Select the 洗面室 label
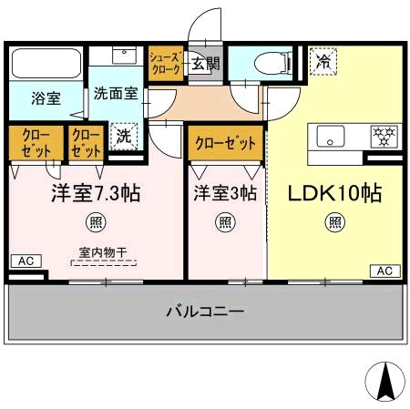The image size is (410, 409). click(x=115, y=92)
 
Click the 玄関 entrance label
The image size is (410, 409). click(x=206, y=64)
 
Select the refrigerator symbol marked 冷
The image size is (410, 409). click(x=323, y=62)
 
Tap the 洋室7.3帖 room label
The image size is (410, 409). click(x=95, y=193)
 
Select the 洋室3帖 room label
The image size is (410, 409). click(x=224, y=193)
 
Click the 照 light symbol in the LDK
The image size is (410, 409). click(x=335, y=220)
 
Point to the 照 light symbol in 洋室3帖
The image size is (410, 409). click(x=224, y=220)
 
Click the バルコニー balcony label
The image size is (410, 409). click(x=204, y=312)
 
